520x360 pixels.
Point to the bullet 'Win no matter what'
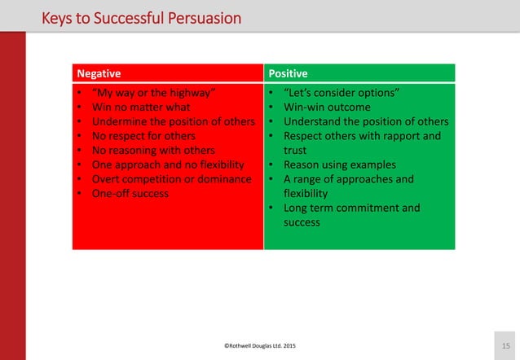[x=139, y=107]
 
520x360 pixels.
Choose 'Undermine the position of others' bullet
[x=170, y=121]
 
